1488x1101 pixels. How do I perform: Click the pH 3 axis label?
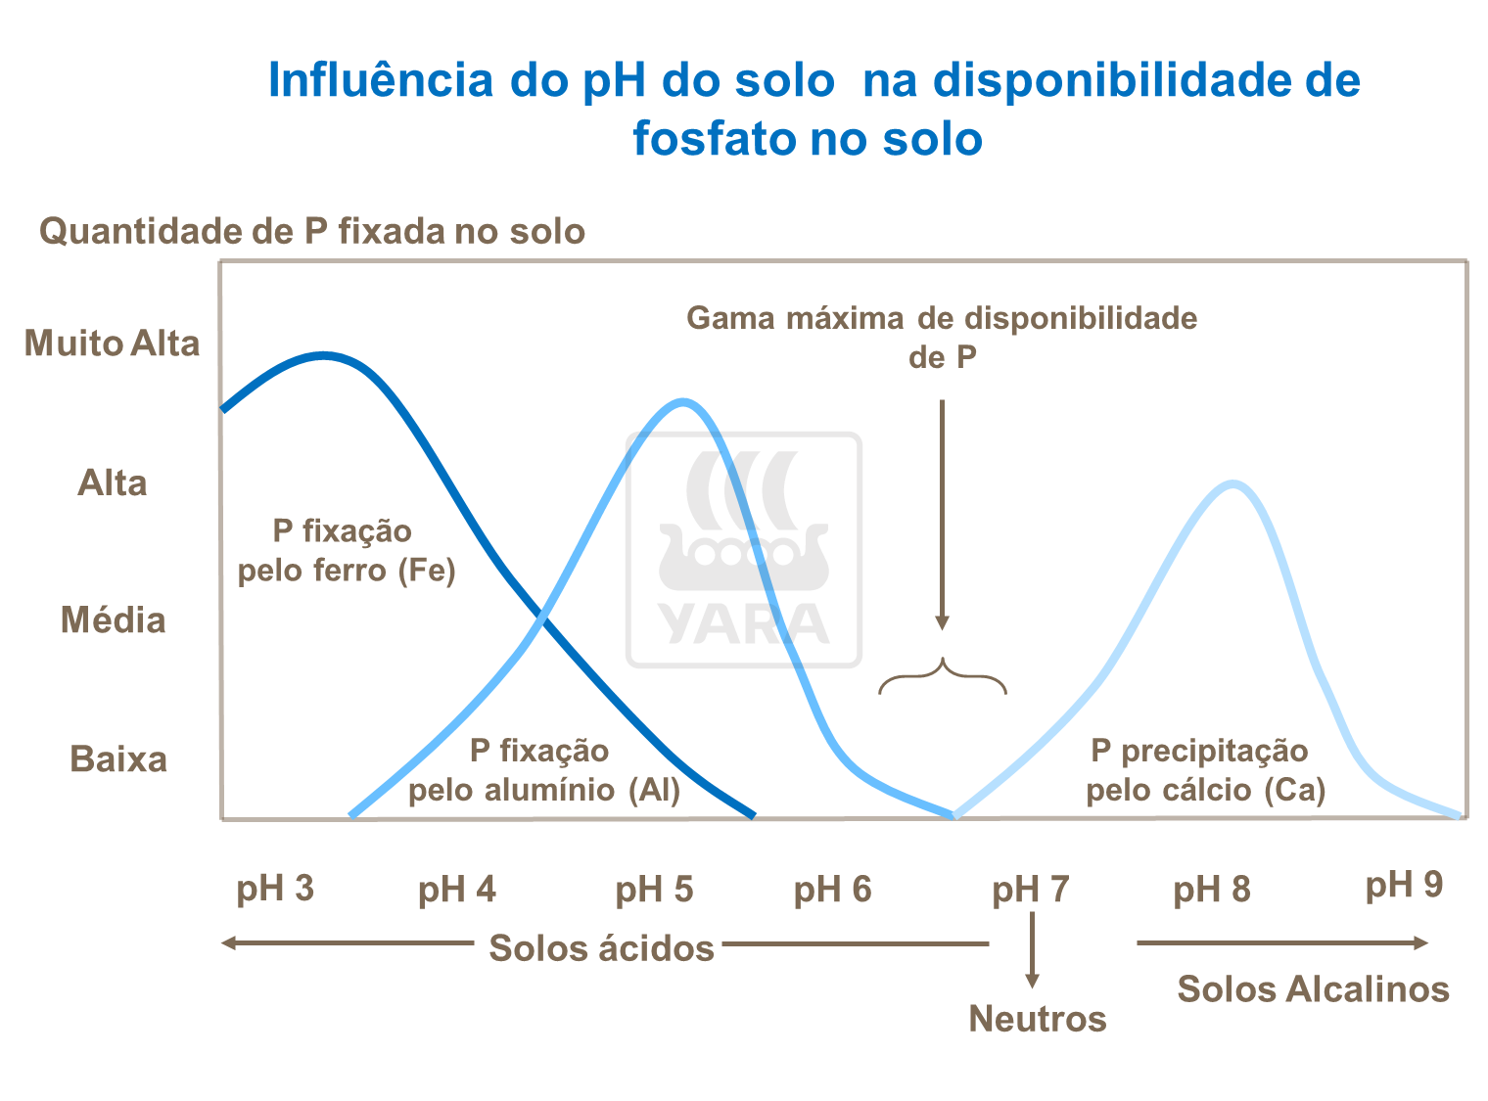(x=275, y=888)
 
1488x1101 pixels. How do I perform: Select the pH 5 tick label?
(x=654, y=890)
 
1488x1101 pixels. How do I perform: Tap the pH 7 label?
(x=1030, y=890)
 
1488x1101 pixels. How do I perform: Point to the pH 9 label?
(x=1404, y=885)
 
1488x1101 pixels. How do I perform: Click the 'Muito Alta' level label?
(x=112, y=344)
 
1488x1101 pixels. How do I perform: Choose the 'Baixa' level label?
(x=118, y=759)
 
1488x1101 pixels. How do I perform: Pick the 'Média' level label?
(x=114, y=620)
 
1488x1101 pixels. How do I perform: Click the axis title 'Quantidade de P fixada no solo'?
(x=312, y=232)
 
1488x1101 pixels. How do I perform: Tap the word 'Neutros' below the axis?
(x=1038, y=1019)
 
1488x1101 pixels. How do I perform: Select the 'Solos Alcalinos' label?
(x=1313, y=989)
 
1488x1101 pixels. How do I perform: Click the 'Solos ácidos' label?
(x=601, y=948)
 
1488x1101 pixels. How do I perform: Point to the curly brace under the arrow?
(x=942, y=676)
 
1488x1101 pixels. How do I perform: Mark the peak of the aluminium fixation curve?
(x=683, y=401)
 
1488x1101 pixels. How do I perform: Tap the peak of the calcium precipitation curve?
(x=1233, y=483)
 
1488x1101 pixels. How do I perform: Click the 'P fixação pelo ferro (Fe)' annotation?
(x=347, y=551)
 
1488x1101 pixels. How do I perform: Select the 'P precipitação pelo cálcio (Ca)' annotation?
(x=1205, y=770)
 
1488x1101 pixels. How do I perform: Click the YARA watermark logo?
(x=744, y=550)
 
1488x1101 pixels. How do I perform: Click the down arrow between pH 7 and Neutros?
(x=1032, y=949)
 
